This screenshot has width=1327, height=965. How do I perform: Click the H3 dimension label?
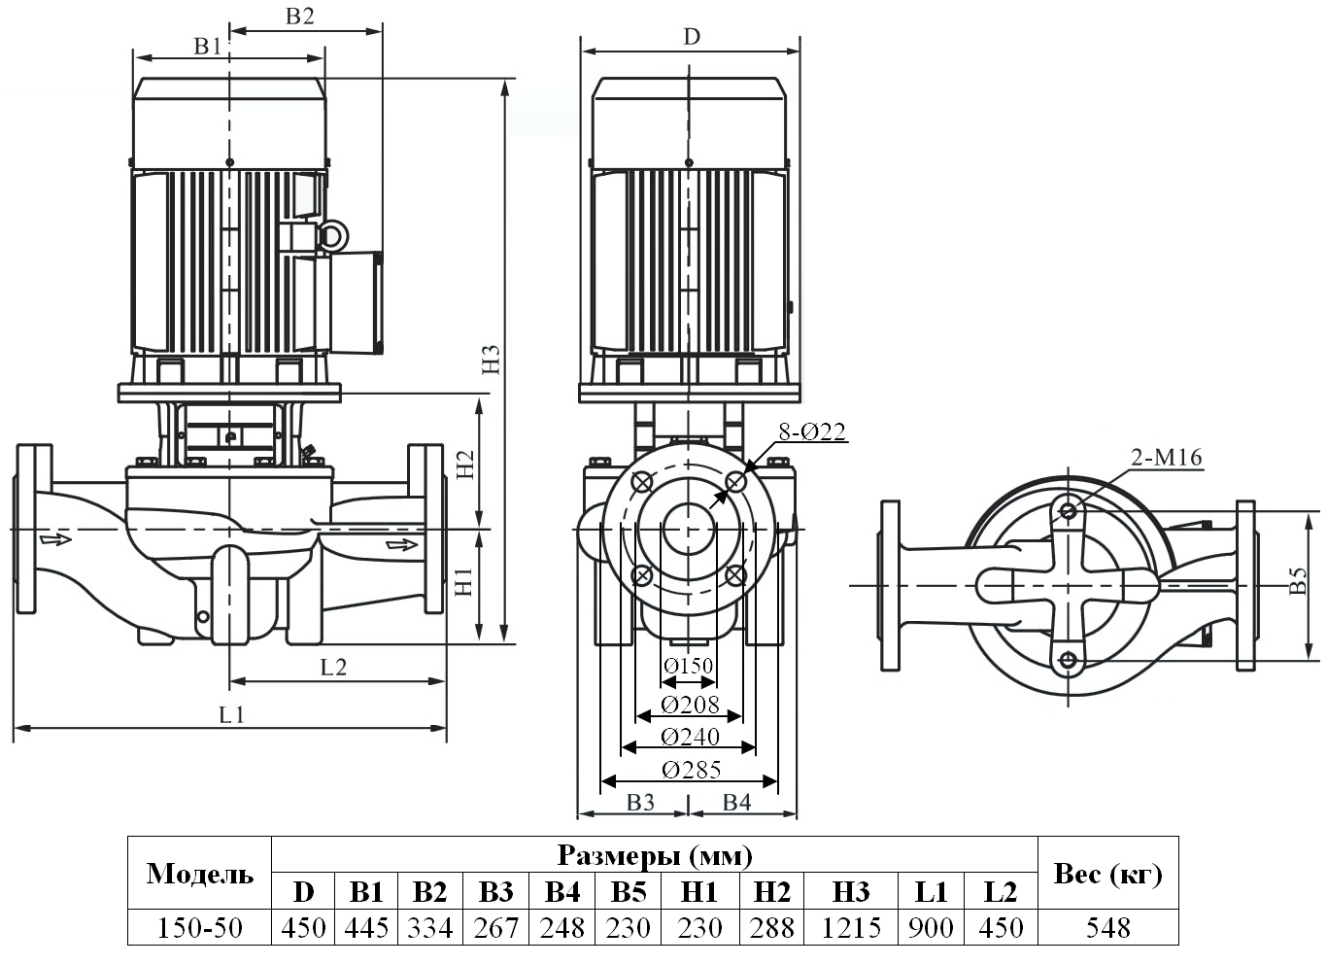pos(492,361)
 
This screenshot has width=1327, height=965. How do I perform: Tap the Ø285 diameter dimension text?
pos(691,770)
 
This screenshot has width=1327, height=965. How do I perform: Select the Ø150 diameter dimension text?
pos(689,666)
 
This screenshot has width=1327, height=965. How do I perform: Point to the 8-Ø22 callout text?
pos(812,432)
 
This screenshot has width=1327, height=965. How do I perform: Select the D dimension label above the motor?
pos(691,37)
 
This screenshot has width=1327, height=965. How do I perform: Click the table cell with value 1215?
pos(851,927)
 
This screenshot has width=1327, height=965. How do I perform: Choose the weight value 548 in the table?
pos(1107,927)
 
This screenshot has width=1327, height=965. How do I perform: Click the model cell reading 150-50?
pos(199,927)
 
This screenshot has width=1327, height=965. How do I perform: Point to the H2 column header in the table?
pos(772,892)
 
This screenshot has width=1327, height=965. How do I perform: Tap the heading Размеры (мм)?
pos(655,855)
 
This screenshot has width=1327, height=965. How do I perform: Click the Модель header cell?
pos(199,874)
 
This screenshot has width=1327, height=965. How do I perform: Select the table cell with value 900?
pos(931,927)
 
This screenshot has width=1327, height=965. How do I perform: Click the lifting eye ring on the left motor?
pos(332,235)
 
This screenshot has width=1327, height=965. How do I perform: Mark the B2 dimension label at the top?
pos(299,16)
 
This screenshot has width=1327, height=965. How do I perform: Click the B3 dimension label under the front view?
pos(640,802)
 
